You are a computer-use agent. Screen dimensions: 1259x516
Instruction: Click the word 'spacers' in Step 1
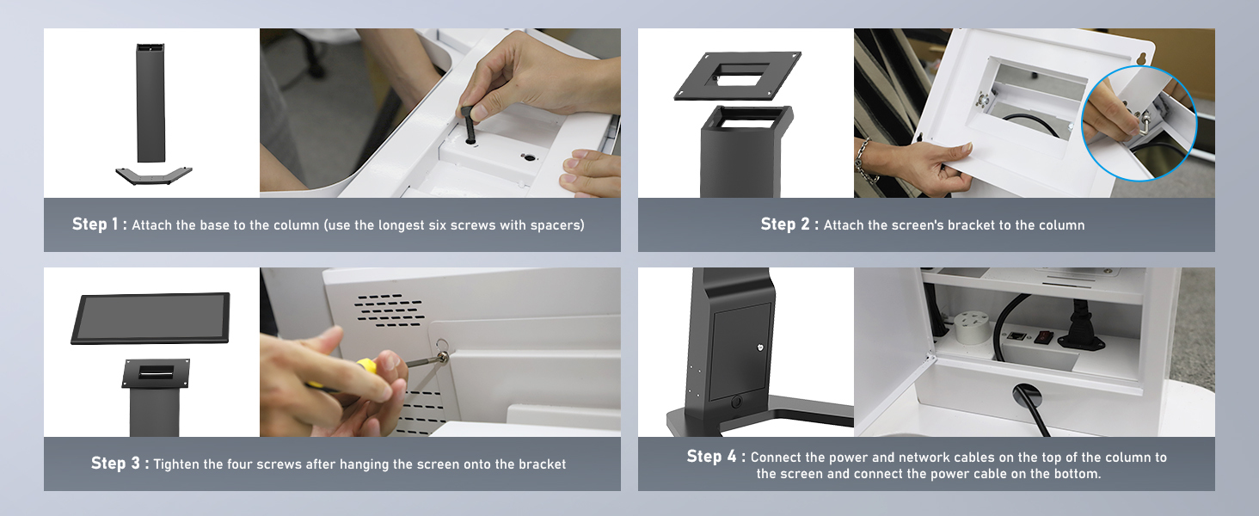pyautogui.click(x=557, y=225)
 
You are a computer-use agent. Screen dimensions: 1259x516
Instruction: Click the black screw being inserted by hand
pyautogui.click(x=469, y=126)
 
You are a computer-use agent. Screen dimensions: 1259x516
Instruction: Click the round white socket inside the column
pyautogui.click(x=971, y=327)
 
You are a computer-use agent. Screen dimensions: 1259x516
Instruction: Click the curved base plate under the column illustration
pyautogui.click(x=153, y=175)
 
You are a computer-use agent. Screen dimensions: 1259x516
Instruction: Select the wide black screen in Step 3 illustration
pyautogui.click(x=150, y=318)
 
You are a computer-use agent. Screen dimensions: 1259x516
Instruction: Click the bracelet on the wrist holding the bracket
pyautogui.click(x=863, y=160)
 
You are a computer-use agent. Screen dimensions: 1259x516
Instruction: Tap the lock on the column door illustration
pyautogui.click(x=760, y=347)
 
